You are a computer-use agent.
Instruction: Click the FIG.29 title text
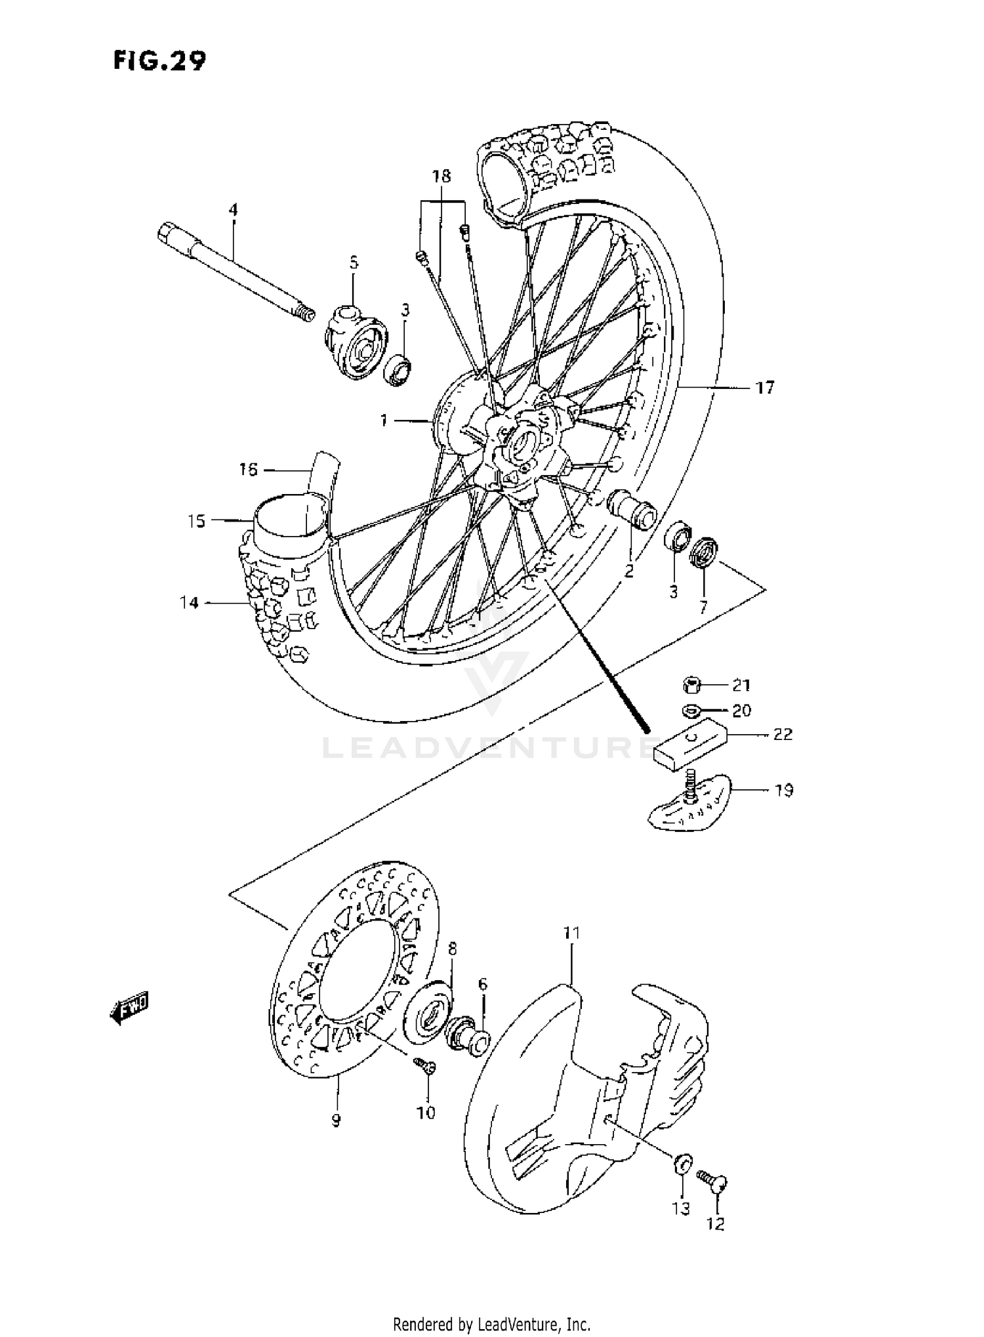[159, 60]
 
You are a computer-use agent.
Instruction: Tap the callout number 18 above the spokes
[441, 176]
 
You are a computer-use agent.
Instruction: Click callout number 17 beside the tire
[765, 388]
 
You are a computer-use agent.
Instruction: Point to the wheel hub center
[522, 446]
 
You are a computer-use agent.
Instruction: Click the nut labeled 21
[692, 686]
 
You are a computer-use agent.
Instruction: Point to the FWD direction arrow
[129, 1006]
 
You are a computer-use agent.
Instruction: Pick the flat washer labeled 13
[682, 1164]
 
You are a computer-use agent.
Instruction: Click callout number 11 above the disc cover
[571, 932]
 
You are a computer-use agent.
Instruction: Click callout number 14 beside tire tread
[189, 602]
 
